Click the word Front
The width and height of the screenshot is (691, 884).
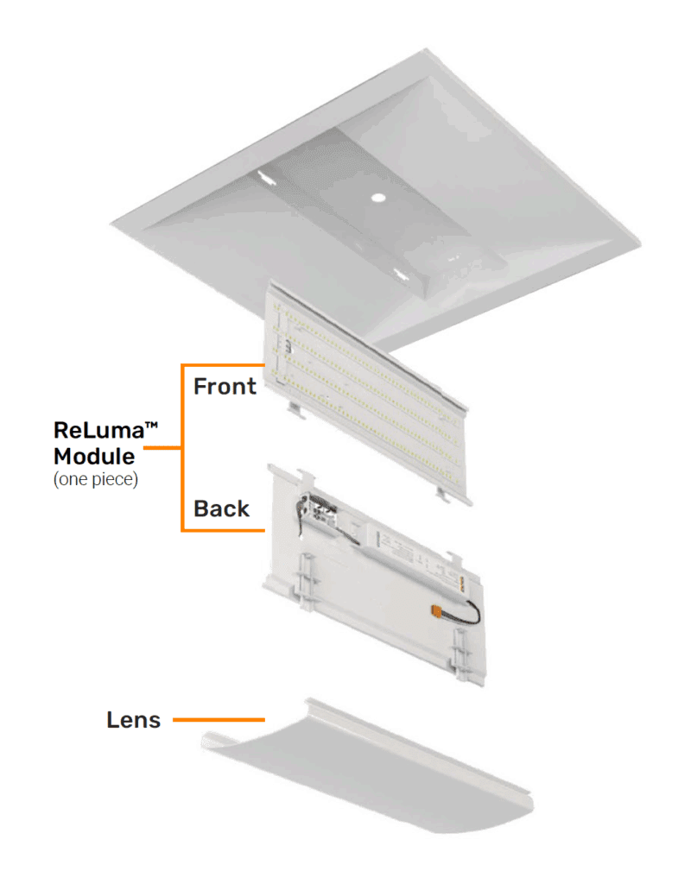[x=225, y=387]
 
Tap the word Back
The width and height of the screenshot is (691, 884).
[x=221, y=508]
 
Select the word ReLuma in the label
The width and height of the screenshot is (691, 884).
[x=98, y=430]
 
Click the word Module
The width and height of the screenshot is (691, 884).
[x=94, y=456]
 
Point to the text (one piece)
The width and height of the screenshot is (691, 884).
[x=95, y=479]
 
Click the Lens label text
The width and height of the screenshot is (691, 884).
[x=134, y=720]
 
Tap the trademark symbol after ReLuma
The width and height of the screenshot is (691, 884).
[x=151, y=426]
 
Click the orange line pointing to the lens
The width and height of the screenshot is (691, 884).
[x=219, y=720]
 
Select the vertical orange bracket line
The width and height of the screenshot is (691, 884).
[x=182, y=448]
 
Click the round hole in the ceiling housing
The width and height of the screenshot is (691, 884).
[x=378, y=198]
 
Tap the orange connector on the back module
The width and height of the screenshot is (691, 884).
[x=436, y=610]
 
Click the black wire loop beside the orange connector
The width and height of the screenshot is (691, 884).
[x=469, y=612]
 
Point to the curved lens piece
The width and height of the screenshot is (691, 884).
[x=366, y=767]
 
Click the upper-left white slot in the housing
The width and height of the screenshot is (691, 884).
[x=265, y=177]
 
